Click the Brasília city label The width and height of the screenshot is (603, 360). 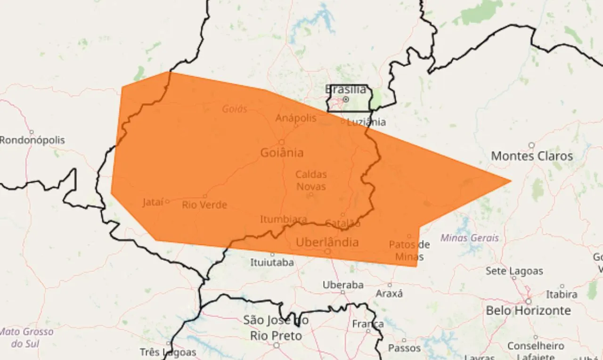coord(345,89)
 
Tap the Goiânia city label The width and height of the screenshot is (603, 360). coord(282,153)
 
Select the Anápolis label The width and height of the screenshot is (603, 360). coord(296,118)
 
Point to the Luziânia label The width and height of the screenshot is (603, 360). coord(366,123)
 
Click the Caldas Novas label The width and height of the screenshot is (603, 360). coord(311,180)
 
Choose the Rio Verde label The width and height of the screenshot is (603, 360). coord(204,205)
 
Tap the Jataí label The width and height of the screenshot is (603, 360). coord(153,203)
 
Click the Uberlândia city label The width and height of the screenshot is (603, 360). coord(327,242)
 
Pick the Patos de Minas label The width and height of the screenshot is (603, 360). coord(409,251)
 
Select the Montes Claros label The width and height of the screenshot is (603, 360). coord(532,156)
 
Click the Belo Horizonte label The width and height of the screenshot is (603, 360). coord(528,311)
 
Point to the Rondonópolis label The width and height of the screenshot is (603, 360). coord(32,140)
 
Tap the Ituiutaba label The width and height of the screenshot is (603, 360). coord(272,262)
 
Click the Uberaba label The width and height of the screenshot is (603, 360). coord(343,285)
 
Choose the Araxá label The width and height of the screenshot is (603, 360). coord(389,294)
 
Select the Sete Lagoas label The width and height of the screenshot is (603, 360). coord(514,271)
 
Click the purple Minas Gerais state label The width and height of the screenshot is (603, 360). coord(469,238)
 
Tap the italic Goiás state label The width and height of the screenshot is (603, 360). coord(234,109)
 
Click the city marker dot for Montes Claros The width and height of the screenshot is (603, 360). coord(531,145)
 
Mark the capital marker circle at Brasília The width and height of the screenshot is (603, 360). coord(345,99)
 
